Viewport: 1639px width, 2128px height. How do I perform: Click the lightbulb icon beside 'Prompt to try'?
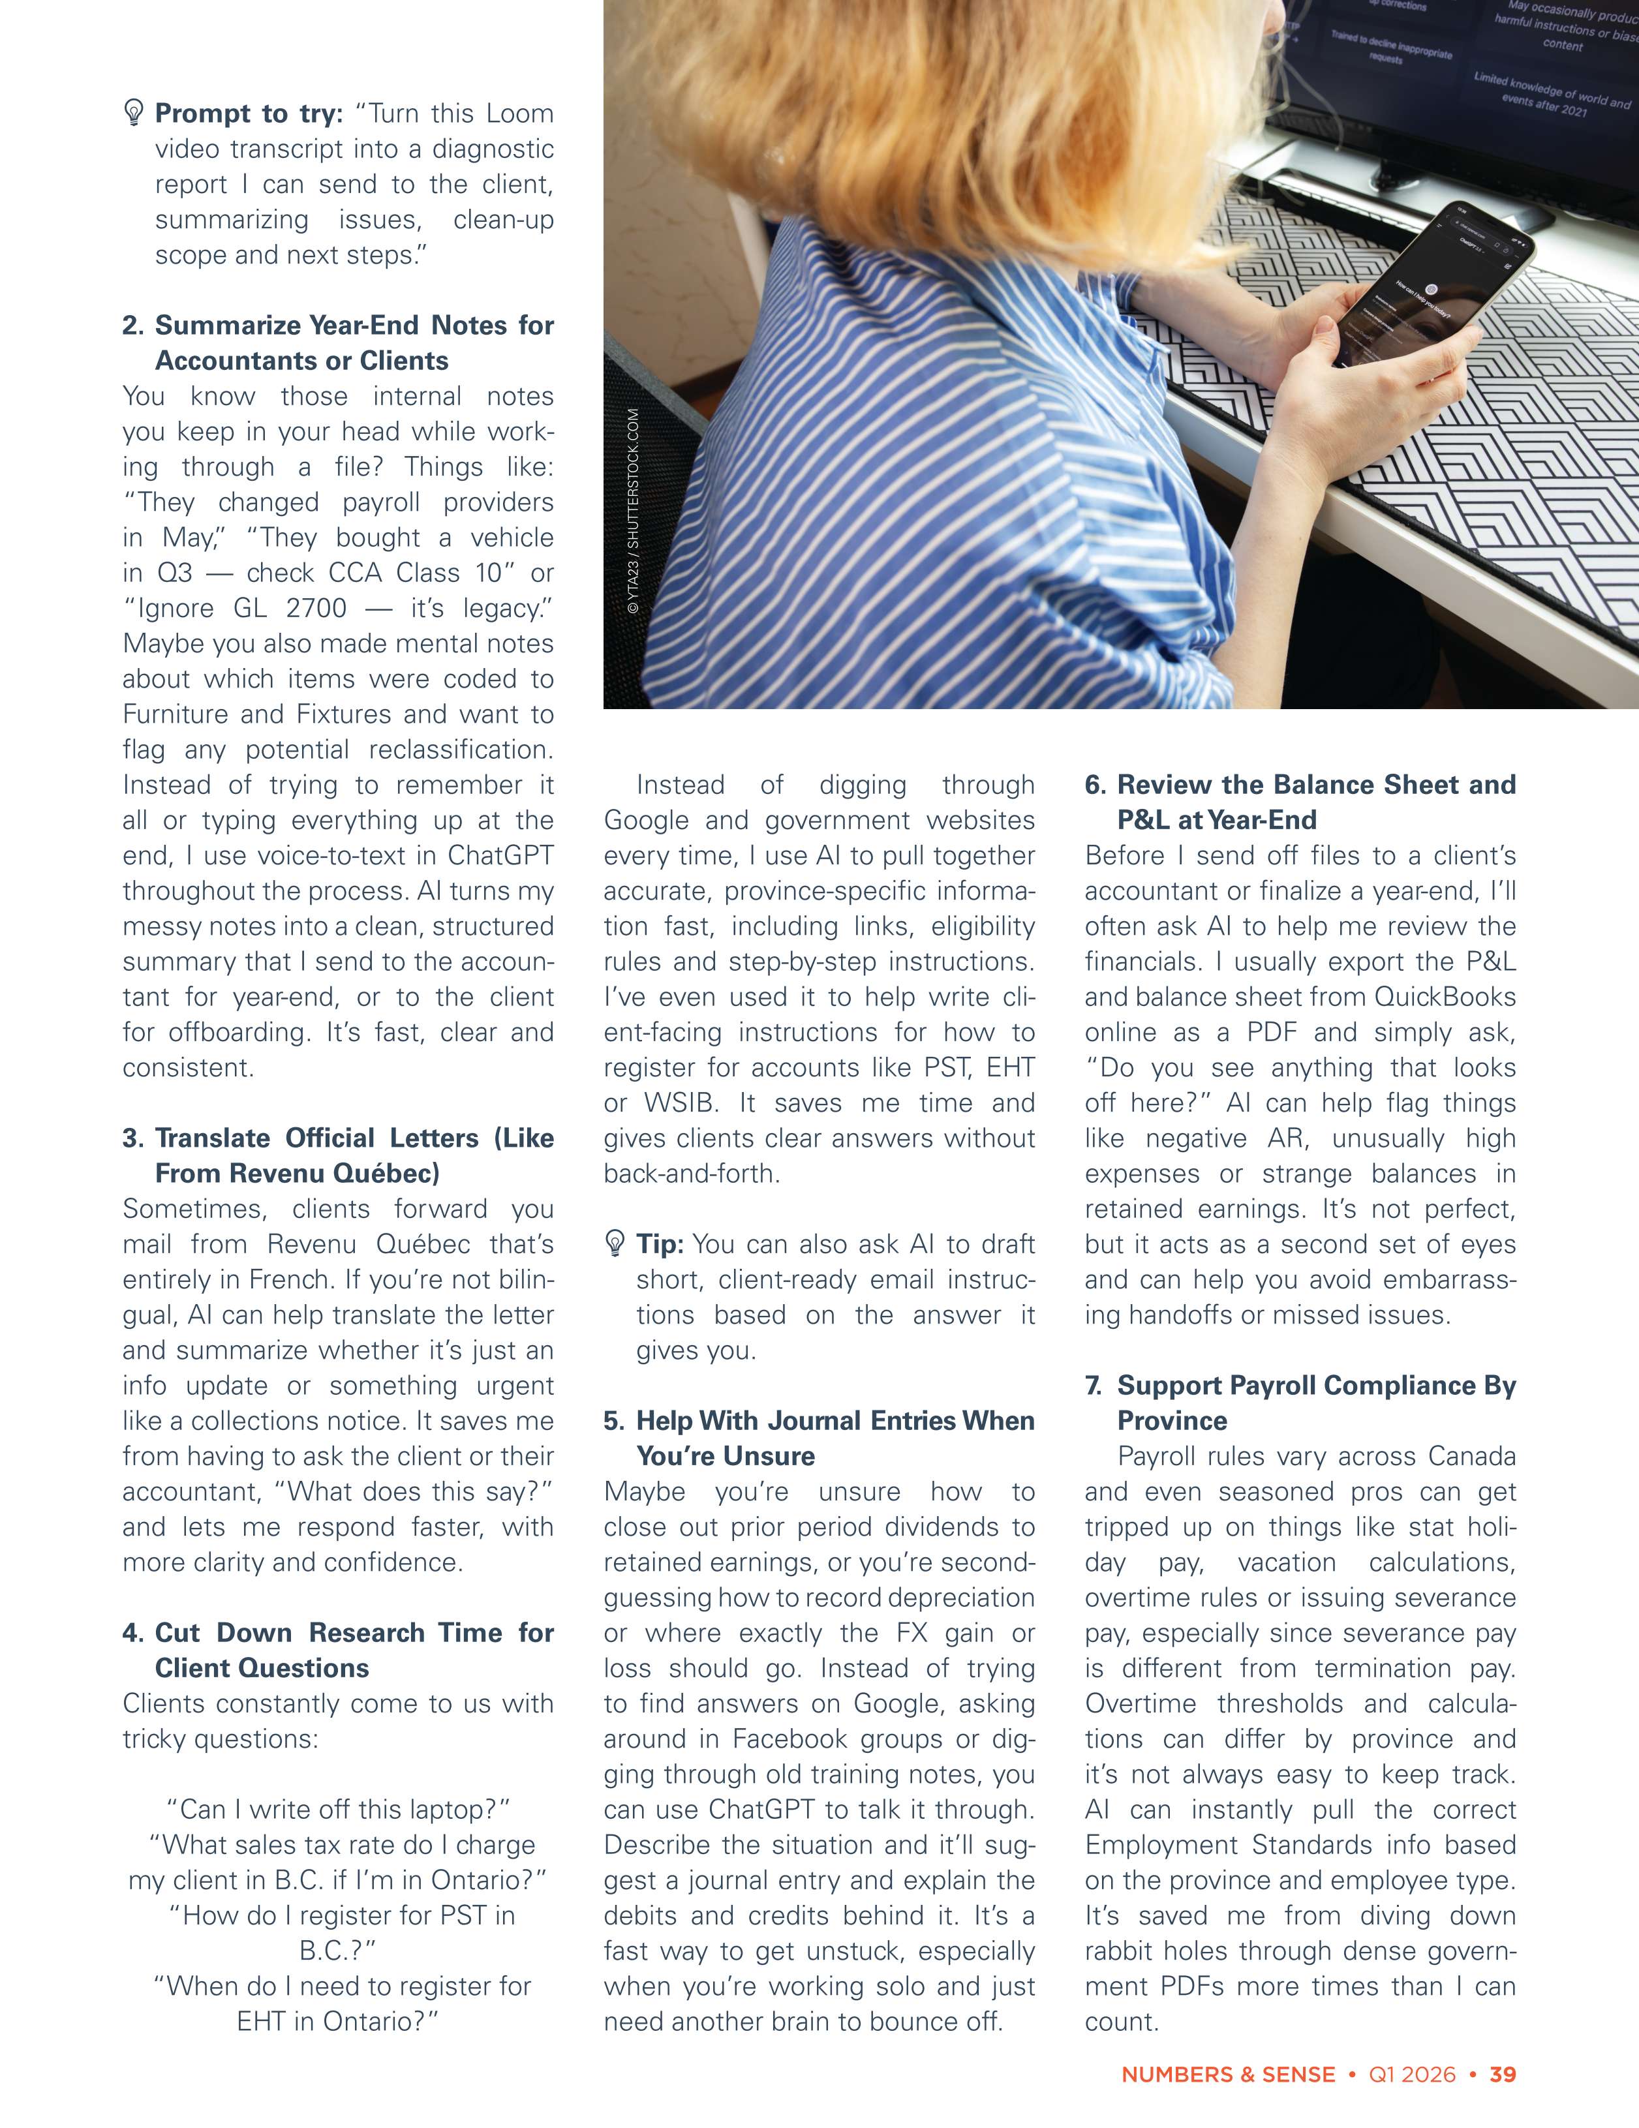coord(134,113)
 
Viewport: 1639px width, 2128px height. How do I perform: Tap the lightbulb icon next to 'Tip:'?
coord(615,1243)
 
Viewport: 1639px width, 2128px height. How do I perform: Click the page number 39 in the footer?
coord(1503,2075)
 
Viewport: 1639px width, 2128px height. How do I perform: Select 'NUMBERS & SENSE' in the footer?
coord(1228,2075)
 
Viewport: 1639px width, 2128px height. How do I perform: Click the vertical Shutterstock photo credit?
coord(634,511)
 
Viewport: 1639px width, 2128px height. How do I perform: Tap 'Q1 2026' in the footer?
coord(1412,2075)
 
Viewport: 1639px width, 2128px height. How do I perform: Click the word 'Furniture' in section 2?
coord(177,714)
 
